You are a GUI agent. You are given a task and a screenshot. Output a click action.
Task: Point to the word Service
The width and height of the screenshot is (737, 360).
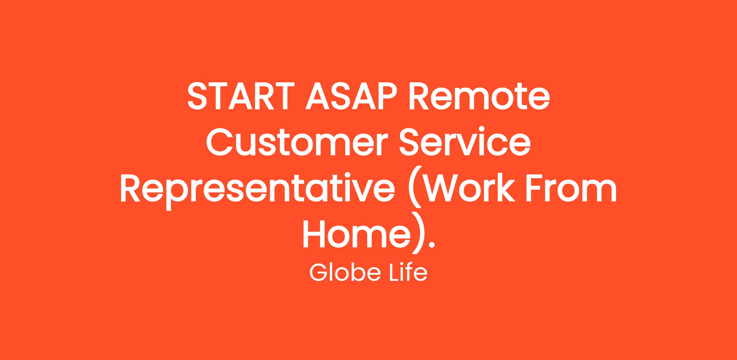(465, 142)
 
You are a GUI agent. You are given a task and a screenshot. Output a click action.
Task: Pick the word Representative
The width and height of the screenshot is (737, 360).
(257, 189)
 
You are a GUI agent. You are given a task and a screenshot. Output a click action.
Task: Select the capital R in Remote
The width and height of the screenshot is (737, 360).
(419, 96)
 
